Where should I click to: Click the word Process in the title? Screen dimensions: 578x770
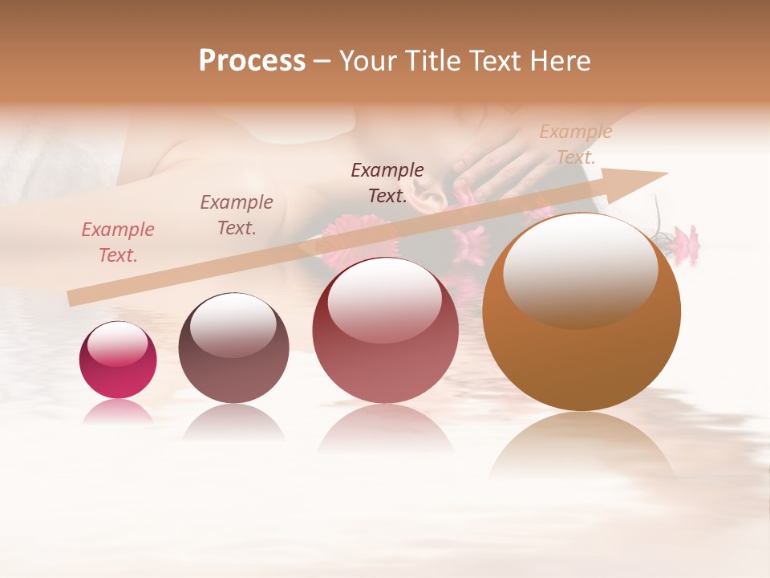coord(252,61)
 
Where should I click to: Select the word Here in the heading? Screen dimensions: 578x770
coord(561,61)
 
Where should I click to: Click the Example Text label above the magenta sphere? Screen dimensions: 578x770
coord(118,242)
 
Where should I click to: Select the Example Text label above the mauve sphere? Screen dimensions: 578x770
coord(237,215)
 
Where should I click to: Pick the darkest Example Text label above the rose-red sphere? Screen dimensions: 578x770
coord(387,183)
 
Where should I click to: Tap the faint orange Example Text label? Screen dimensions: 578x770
coord(576,144)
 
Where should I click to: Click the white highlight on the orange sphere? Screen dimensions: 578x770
coord(580,269)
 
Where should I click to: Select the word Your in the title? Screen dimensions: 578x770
coord(369,61)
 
